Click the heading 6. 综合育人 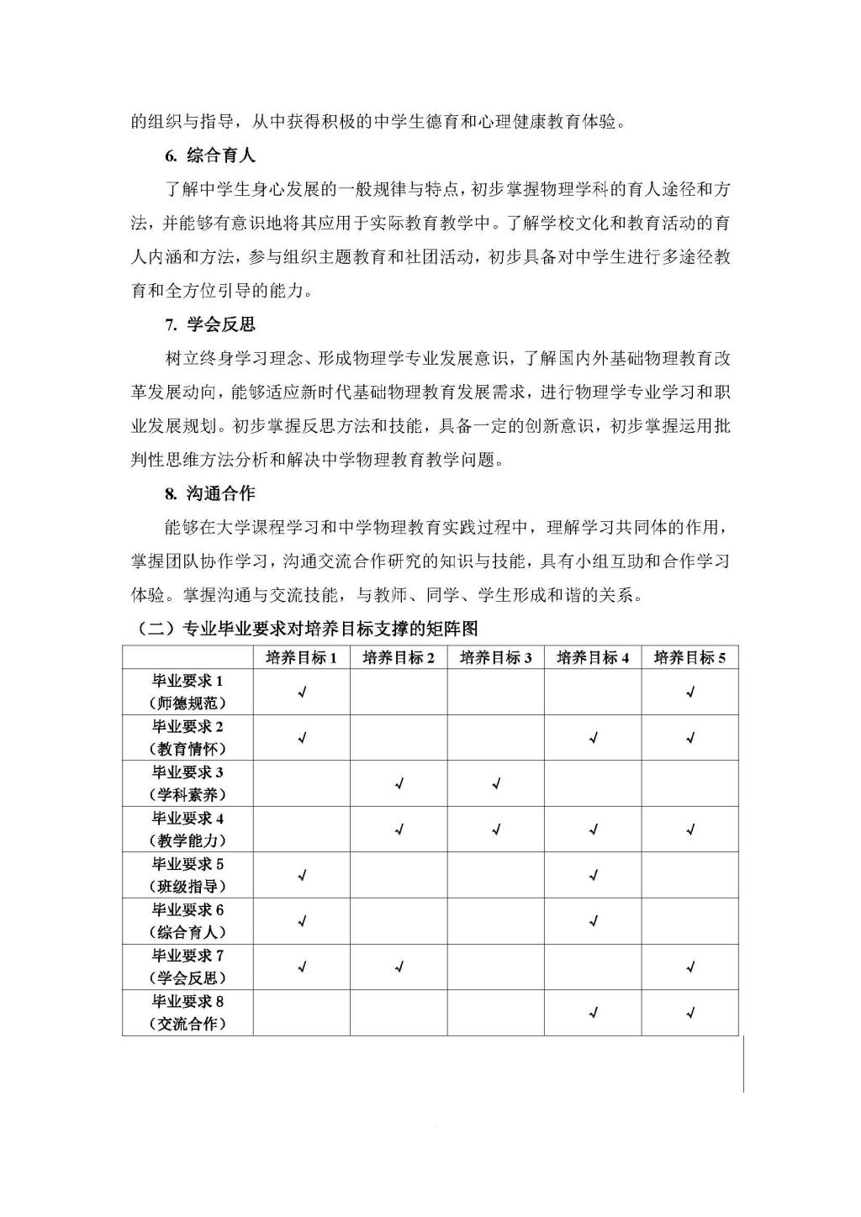[210, 155]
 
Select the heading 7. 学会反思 [210, 325]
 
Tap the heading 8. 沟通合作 [210, 493]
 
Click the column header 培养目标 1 [302, 657]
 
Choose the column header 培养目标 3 [496, 657]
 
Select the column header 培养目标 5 [689, 657]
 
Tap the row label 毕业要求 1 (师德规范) [188, 692]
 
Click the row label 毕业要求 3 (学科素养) [188, 783]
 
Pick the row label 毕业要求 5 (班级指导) [188, 875]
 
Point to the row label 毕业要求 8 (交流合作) [188, 1013]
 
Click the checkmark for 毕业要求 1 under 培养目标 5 [690, 693]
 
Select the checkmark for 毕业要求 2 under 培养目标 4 [594, 738]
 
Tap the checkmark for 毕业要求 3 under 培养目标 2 [399, 784]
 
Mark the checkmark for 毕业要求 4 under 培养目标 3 [496, 830]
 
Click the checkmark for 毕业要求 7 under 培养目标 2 [399, 967]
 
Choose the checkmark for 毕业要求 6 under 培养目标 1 [302, 921]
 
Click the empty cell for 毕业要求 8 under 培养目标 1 [302, 1013]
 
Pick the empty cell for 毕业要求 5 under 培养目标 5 [690, 876]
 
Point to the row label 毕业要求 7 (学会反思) [188, 967]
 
